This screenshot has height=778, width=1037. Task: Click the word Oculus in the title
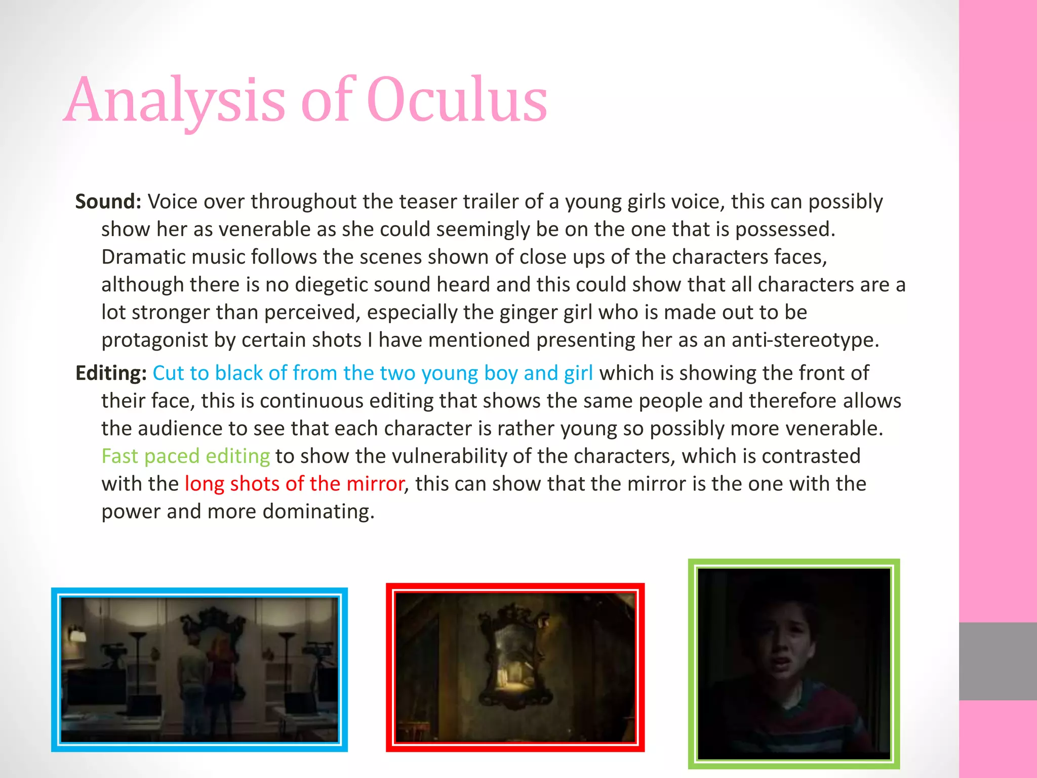tap(457, 100)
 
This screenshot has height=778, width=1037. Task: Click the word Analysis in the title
tap(175, 100)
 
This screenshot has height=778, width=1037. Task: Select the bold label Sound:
tap(108, 202)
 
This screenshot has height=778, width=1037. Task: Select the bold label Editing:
tap(111, 373)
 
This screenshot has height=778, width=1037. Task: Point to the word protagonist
tap(154, 340)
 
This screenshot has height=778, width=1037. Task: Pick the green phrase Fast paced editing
tap(185, 456)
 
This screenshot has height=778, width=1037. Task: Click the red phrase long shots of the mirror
tap(294, 484)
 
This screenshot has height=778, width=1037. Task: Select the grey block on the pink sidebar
tap(998, 661)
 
